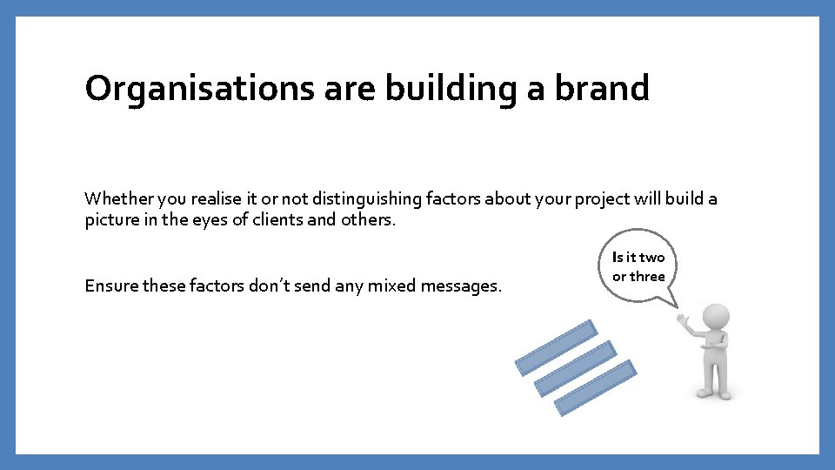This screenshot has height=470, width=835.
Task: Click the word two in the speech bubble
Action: (x=651, y=258)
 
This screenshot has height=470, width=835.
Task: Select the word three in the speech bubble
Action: (x=647, y=277)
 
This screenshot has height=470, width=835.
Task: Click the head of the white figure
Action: (x=714, y=316)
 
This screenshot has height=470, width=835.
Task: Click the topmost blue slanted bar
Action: (x=556, y=347)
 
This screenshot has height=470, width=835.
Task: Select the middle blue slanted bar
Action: (x=575, y=368)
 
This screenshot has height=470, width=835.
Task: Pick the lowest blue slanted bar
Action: (x=595, y=387)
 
